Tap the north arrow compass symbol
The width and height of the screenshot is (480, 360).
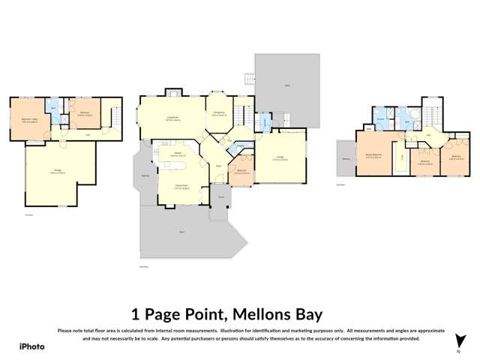(x=458, y=340)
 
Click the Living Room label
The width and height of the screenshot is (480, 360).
(x=173, y=118)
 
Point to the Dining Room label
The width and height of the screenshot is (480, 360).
(x=219, y=113)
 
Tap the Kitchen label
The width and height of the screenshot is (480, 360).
(x=178, y=154)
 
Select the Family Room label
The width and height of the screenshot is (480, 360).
(x=181, y=187)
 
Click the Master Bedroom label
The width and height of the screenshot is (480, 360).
(x=374, y=156)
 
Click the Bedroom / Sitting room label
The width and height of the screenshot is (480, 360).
(x=29, y=120)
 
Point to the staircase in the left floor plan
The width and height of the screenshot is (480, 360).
(x=115, y=118)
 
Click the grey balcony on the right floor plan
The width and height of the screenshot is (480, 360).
(x=346, y=158)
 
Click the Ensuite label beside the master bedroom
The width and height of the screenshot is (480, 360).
(x=380, y=119)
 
